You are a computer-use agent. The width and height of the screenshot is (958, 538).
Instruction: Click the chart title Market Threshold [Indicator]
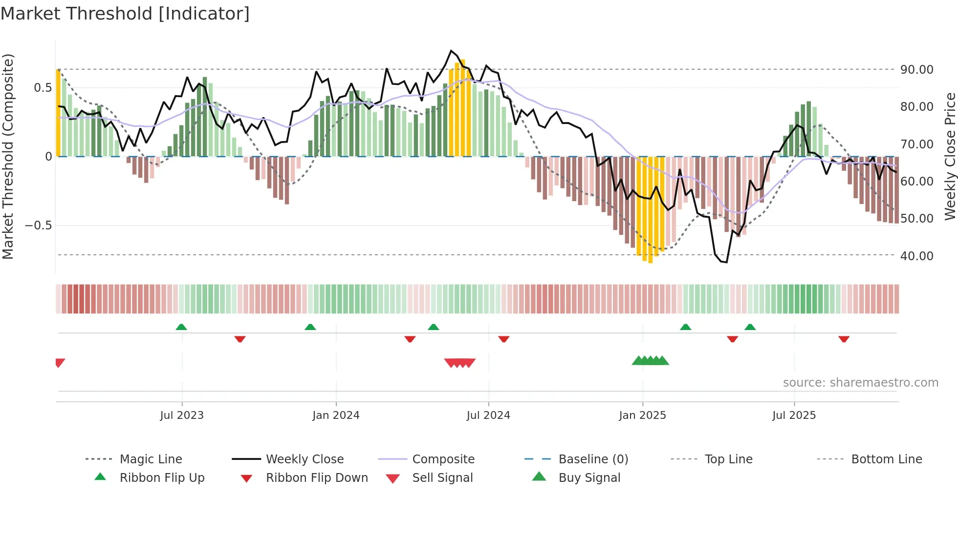[125, 14]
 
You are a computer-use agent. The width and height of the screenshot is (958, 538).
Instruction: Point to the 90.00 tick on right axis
[916, 70]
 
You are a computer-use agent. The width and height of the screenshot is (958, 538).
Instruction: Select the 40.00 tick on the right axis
[916, 256]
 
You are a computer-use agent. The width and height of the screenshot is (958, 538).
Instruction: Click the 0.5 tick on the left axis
[43, 88]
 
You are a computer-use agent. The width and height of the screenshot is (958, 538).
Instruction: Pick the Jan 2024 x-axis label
[336, 415]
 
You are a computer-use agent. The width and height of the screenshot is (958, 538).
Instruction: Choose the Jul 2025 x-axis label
[794, 415]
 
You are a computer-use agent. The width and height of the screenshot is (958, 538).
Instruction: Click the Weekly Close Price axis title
[950, 156]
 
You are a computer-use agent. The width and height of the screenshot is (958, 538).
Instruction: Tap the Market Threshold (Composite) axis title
[8, 156]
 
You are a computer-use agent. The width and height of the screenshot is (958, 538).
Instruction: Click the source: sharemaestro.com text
[860, 383]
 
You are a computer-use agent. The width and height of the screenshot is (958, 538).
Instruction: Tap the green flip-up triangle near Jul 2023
[181, 327]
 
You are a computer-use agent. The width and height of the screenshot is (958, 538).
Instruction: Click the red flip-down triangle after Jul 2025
[844, 339]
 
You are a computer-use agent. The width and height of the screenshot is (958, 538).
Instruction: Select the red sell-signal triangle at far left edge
[60, 363]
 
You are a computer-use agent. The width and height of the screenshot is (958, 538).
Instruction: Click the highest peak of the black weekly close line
[451, 51]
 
